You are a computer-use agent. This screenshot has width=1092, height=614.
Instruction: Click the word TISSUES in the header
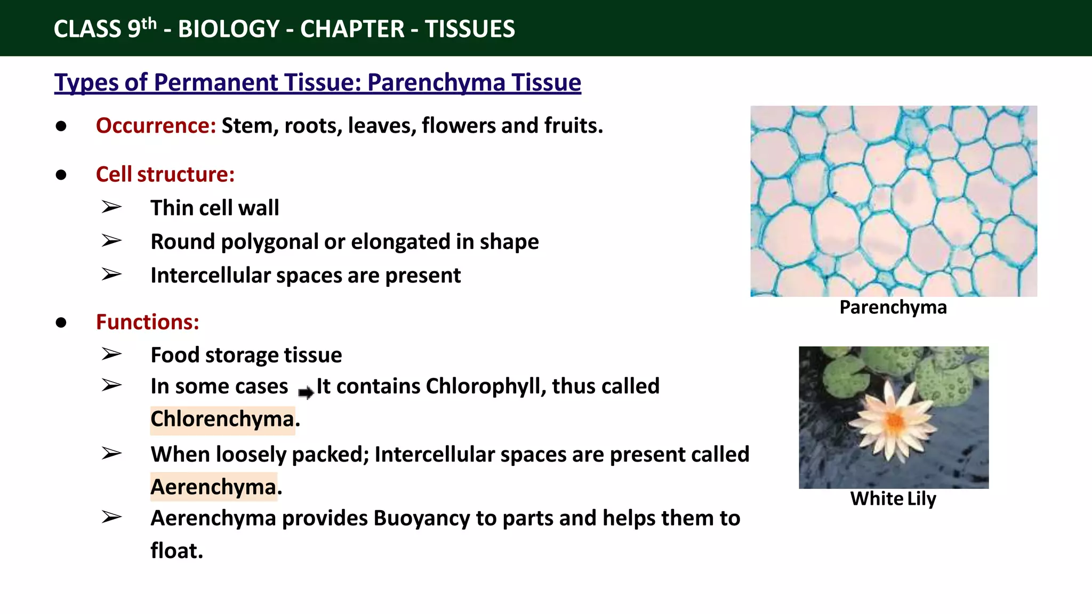(x=470, y=29)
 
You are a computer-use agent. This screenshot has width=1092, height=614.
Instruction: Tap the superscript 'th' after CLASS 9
(x=149, y=23)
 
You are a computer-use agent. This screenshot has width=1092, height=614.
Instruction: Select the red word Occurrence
(x=155, y=126)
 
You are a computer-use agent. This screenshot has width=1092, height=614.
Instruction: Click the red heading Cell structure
(x=165, y=175)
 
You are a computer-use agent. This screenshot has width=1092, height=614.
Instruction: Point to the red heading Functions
(x=147, y=322)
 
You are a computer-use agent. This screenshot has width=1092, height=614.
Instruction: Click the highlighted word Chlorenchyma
(x=222, y=419)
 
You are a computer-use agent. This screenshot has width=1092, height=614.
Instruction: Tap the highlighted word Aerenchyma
(x=213, y=487)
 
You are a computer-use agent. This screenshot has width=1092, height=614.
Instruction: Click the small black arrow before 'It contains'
(x=306, y=393)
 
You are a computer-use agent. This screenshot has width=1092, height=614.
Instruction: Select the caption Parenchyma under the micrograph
(x=893, y=308)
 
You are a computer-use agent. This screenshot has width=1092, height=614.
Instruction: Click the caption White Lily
(x=893, y=499)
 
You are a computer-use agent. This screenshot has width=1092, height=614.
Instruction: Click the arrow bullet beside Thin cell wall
(x=111, y=207)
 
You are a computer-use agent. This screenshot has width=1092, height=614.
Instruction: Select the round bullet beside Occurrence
(x=61, y=126)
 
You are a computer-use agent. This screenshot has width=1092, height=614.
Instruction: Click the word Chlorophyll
(x=486, y=386)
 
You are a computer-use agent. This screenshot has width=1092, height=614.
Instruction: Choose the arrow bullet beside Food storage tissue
(x=111, y=354)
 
